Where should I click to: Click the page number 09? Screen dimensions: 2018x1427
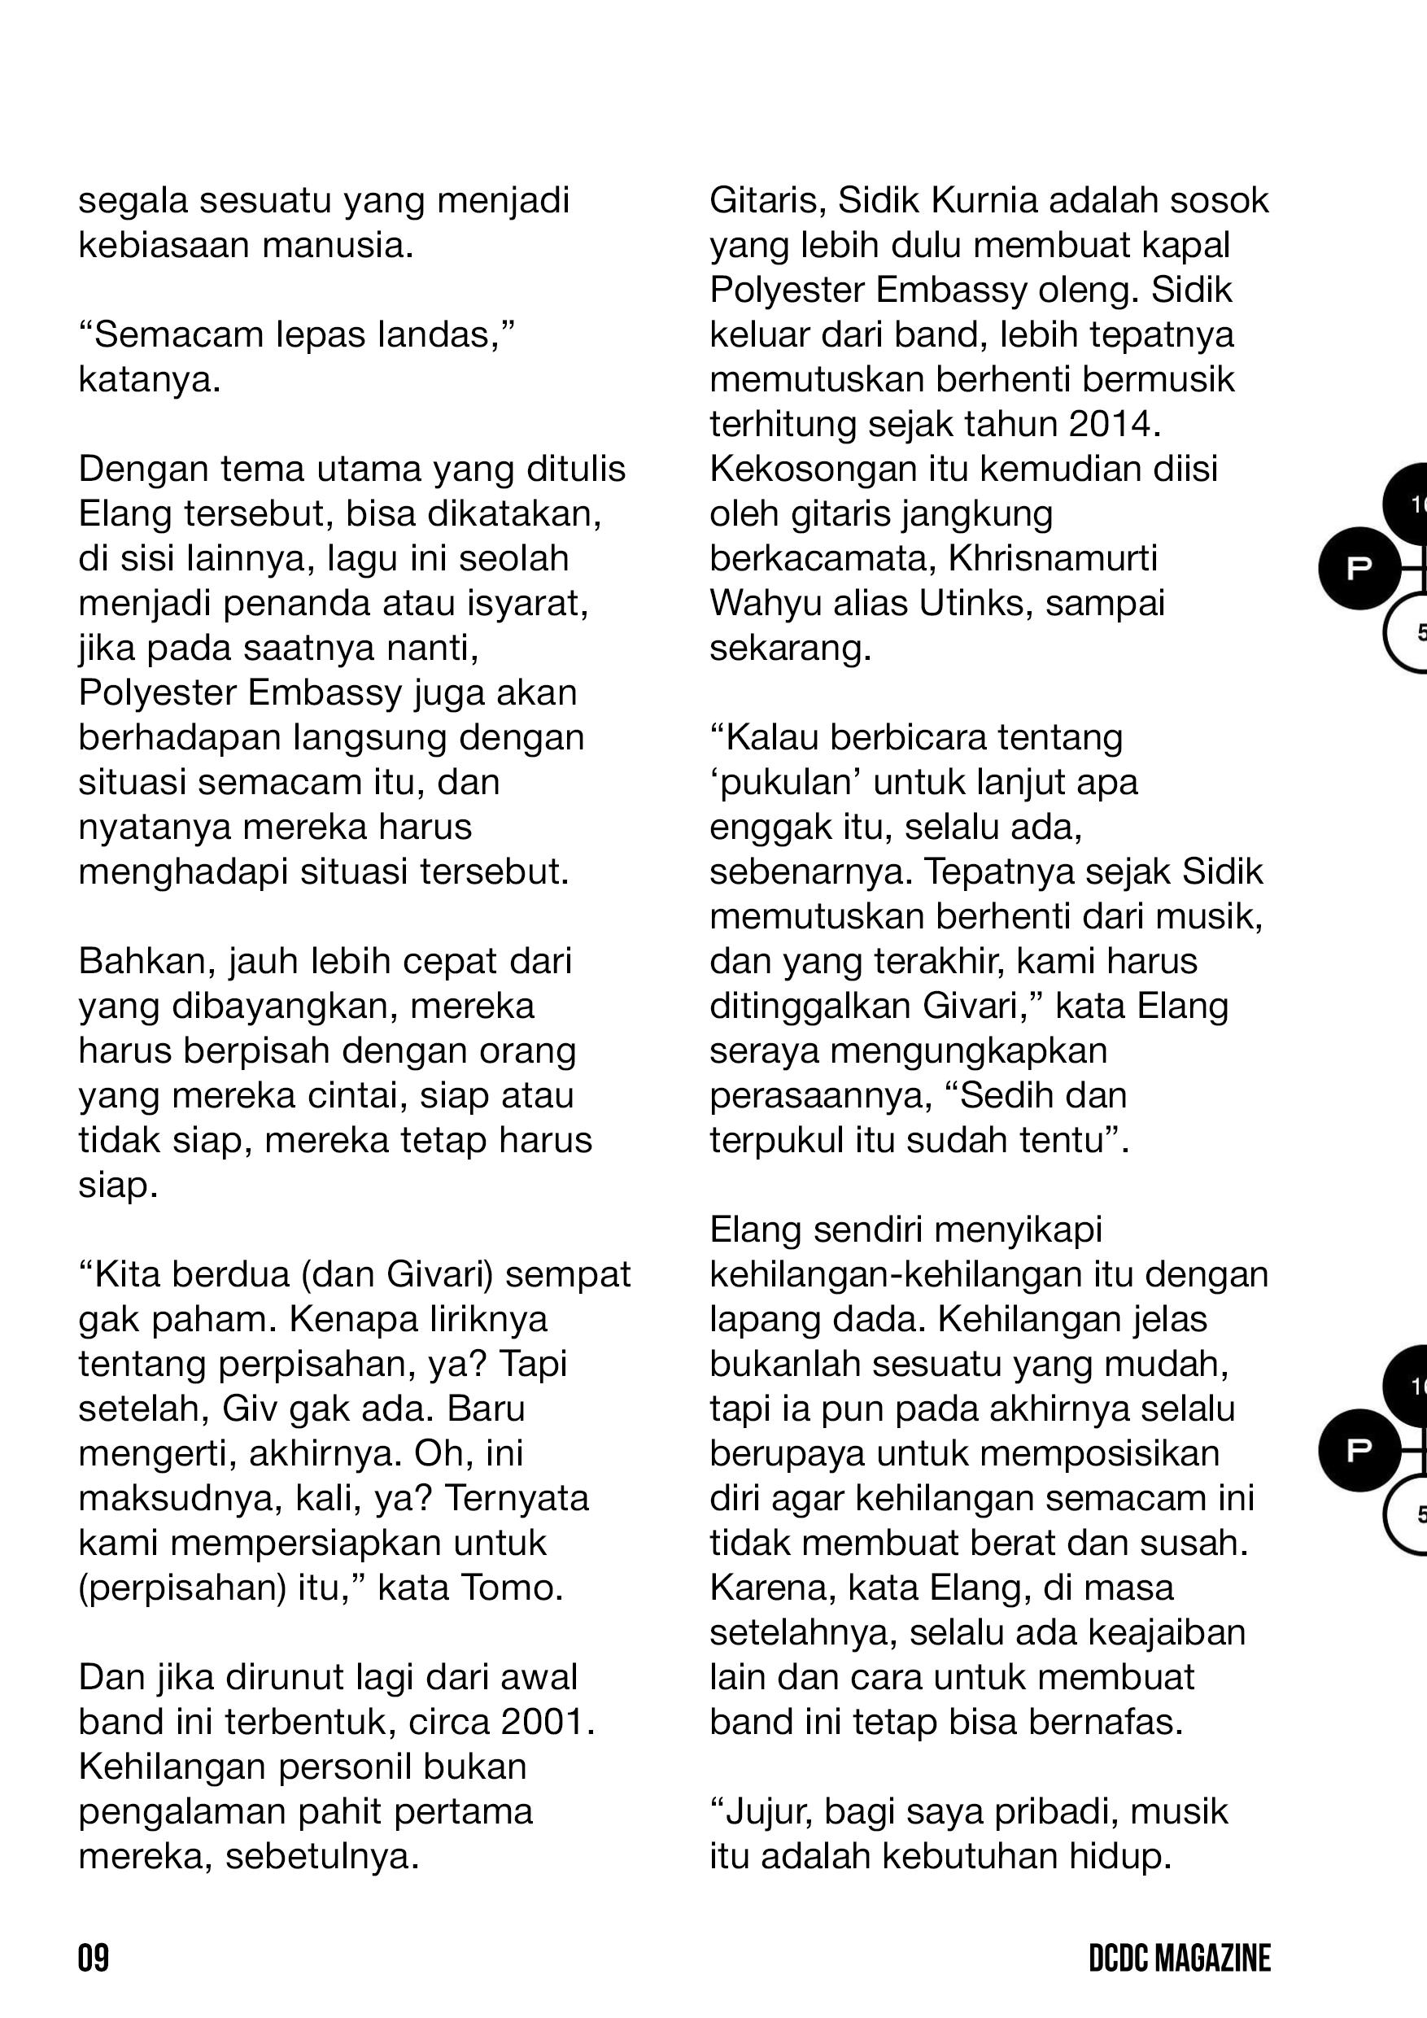pyautogui.click(x=93, y=1959)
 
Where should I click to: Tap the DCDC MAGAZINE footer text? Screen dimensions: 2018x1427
pyautogui.click(x=1179, y=1959)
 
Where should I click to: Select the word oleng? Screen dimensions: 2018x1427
pyautogui.click(x=1088, y=290)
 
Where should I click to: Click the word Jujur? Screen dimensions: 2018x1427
pyautogui.click(x=762, y=1812)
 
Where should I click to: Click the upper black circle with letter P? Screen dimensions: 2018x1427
pyautogui.click(x=1359, y=569)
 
